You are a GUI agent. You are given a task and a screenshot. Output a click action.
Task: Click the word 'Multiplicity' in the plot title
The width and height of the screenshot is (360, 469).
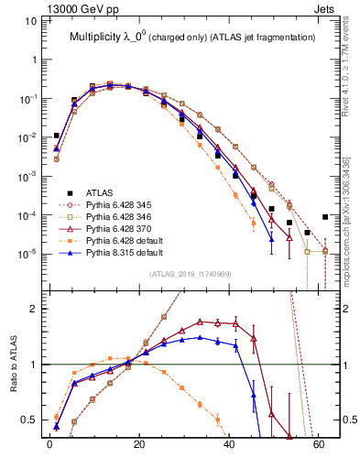click(x=100, y=38)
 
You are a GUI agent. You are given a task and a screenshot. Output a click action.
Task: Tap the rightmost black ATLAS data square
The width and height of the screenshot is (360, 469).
click(x=325, y=216)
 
